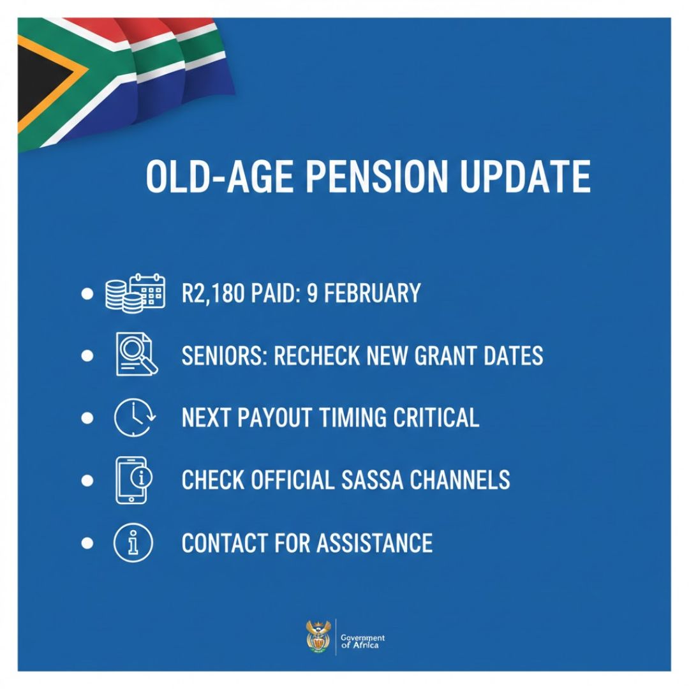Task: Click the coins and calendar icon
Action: tap(135, 293)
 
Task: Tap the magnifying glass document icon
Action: tap(135, 355)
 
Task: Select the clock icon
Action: tap(133, 417)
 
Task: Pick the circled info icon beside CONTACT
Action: tap(133, 543)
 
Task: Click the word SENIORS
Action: tap(223, 355)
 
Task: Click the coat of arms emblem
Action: tap(317, 636)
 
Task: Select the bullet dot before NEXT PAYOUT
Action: tap(87, 418)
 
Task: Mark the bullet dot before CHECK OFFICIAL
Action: tap(87, 480)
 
